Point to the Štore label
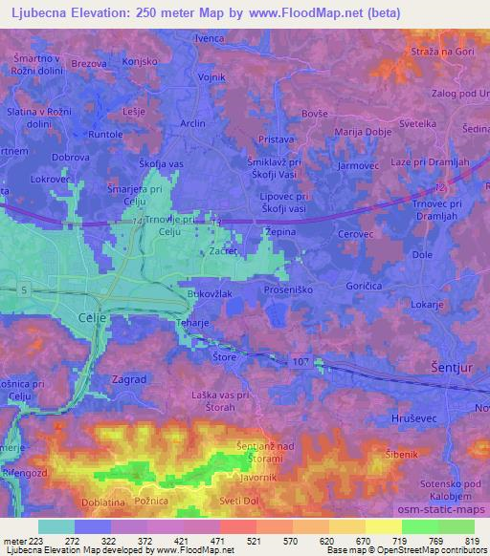pos(223,356)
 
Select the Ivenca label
pos(210,38)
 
